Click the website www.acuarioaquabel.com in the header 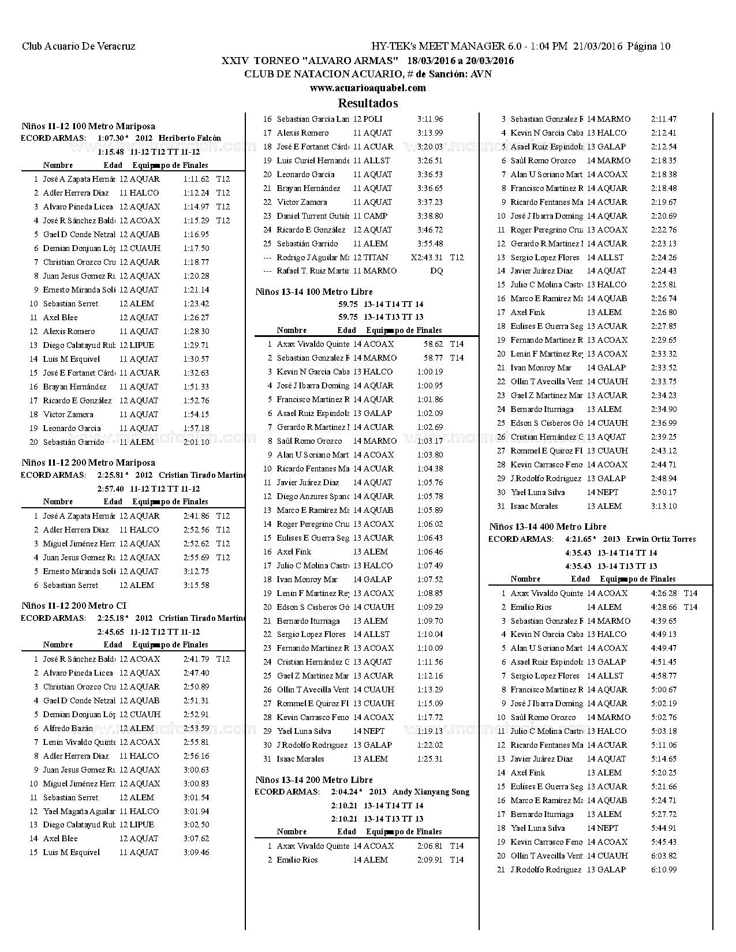tap(368, 88)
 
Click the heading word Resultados tap(368, 103)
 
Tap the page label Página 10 tap(649, 47)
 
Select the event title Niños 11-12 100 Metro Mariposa tap(88, 126)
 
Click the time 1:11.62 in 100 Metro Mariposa tap(196, 179)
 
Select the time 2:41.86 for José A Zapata tap(196, 516)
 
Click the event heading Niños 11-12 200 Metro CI tap(74, 606)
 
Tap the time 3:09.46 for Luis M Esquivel tap(196, 853)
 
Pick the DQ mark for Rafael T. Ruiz tap(437, 271)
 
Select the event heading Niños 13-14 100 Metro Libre tap(314, 292)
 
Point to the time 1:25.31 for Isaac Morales tap(430, 759)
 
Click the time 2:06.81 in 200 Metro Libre tap(430, 846)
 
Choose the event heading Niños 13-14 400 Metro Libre tap(548, 527)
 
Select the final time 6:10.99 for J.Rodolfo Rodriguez tap(664, 870)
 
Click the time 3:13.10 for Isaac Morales tap(664, 507)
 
